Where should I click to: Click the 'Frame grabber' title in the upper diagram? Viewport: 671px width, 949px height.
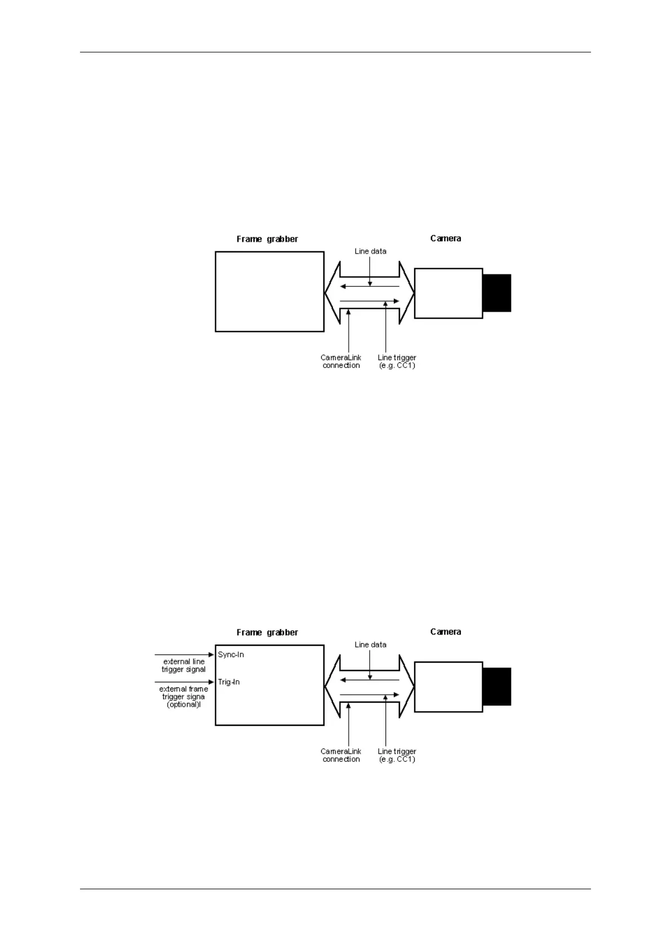(267, 239)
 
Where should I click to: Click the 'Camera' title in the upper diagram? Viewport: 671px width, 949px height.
(446, 238)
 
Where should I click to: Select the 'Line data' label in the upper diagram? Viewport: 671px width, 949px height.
(370, 251)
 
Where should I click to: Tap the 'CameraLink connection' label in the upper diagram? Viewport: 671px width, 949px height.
(341, 361)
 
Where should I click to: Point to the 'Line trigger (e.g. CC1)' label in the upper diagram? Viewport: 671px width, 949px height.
(397, 361)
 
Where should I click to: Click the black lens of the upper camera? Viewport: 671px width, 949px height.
(497, 293)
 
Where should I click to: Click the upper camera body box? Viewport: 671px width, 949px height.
(448, 293)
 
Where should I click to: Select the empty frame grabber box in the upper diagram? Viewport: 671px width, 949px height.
(269, 291)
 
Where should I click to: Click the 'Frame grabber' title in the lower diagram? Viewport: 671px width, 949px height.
(267, 632)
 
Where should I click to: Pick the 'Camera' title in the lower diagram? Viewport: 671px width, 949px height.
(446, 632)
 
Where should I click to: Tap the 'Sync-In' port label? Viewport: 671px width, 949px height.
(231, 655)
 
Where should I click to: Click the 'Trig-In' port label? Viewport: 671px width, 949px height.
(229, 682)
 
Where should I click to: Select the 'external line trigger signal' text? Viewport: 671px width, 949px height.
(184, 666)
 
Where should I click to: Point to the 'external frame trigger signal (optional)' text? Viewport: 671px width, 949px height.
(184, 697)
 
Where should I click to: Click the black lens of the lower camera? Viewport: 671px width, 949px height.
(497, 686)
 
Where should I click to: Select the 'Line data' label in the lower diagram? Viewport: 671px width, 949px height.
(370, 645)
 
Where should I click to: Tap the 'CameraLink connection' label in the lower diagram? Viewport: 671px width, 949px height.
(341, 755)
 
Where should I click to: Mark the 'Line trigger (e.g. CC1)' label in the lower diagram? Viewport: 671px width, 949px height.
(397, 755)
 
